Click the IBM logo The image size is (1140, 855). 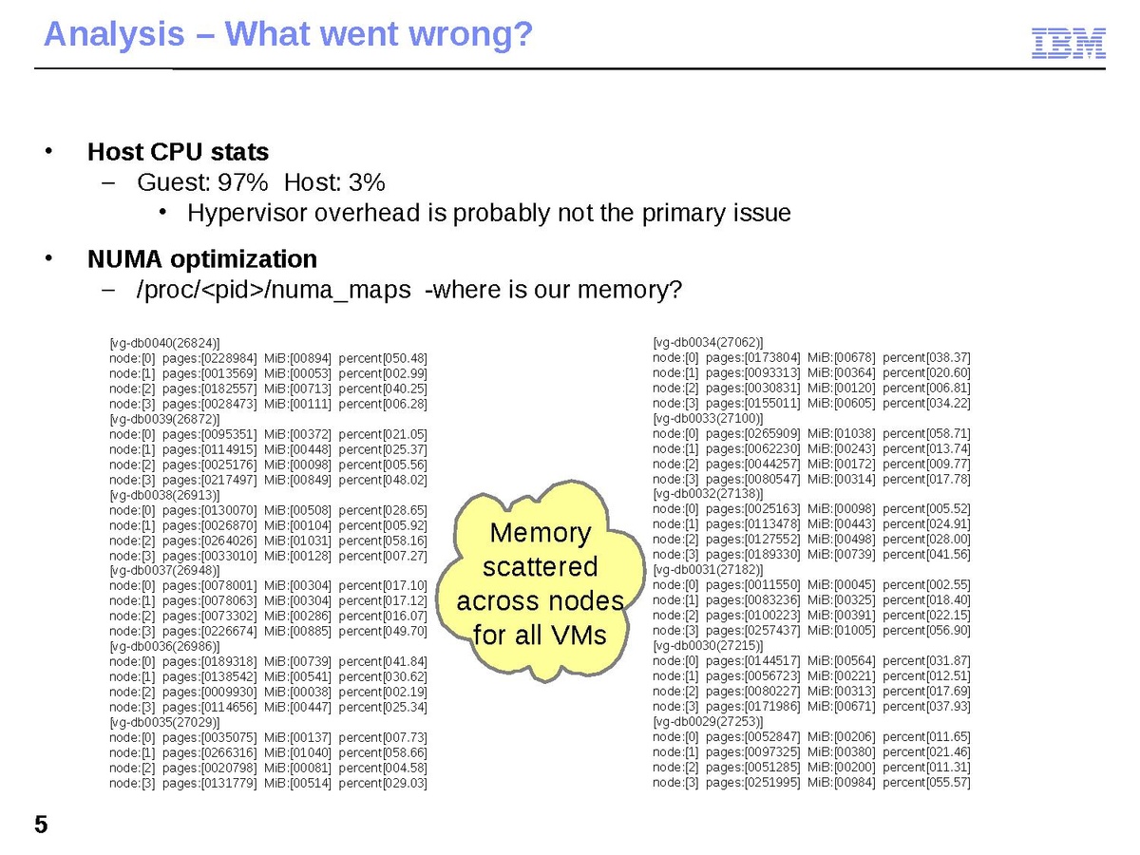tap(1069, 44)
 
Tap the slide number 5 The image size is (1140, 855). tap(41, 825)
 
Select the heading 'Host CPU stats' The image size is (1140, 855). tap(178, 152)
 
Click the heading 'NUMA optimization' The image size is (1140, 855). tap(201, 258)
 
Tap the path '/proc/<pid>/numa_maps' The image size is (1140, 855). tap(275, 290)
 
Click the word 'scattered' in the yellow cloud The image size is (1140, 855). tap(540, 567)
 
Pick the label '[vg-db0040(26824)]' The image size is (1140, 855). tap(165, 342)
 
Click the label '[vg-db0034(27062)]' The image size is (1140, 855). tap(709, 342)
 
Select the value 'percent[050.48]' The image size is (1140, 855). tap(383, 357)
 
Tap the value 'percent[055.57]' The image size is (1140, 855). tap(926, 783)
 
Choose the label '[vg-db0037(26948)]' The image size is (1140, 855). tap(165, 570)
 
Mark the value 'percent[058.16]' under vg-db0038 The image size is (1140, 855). tap(383, 540)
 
